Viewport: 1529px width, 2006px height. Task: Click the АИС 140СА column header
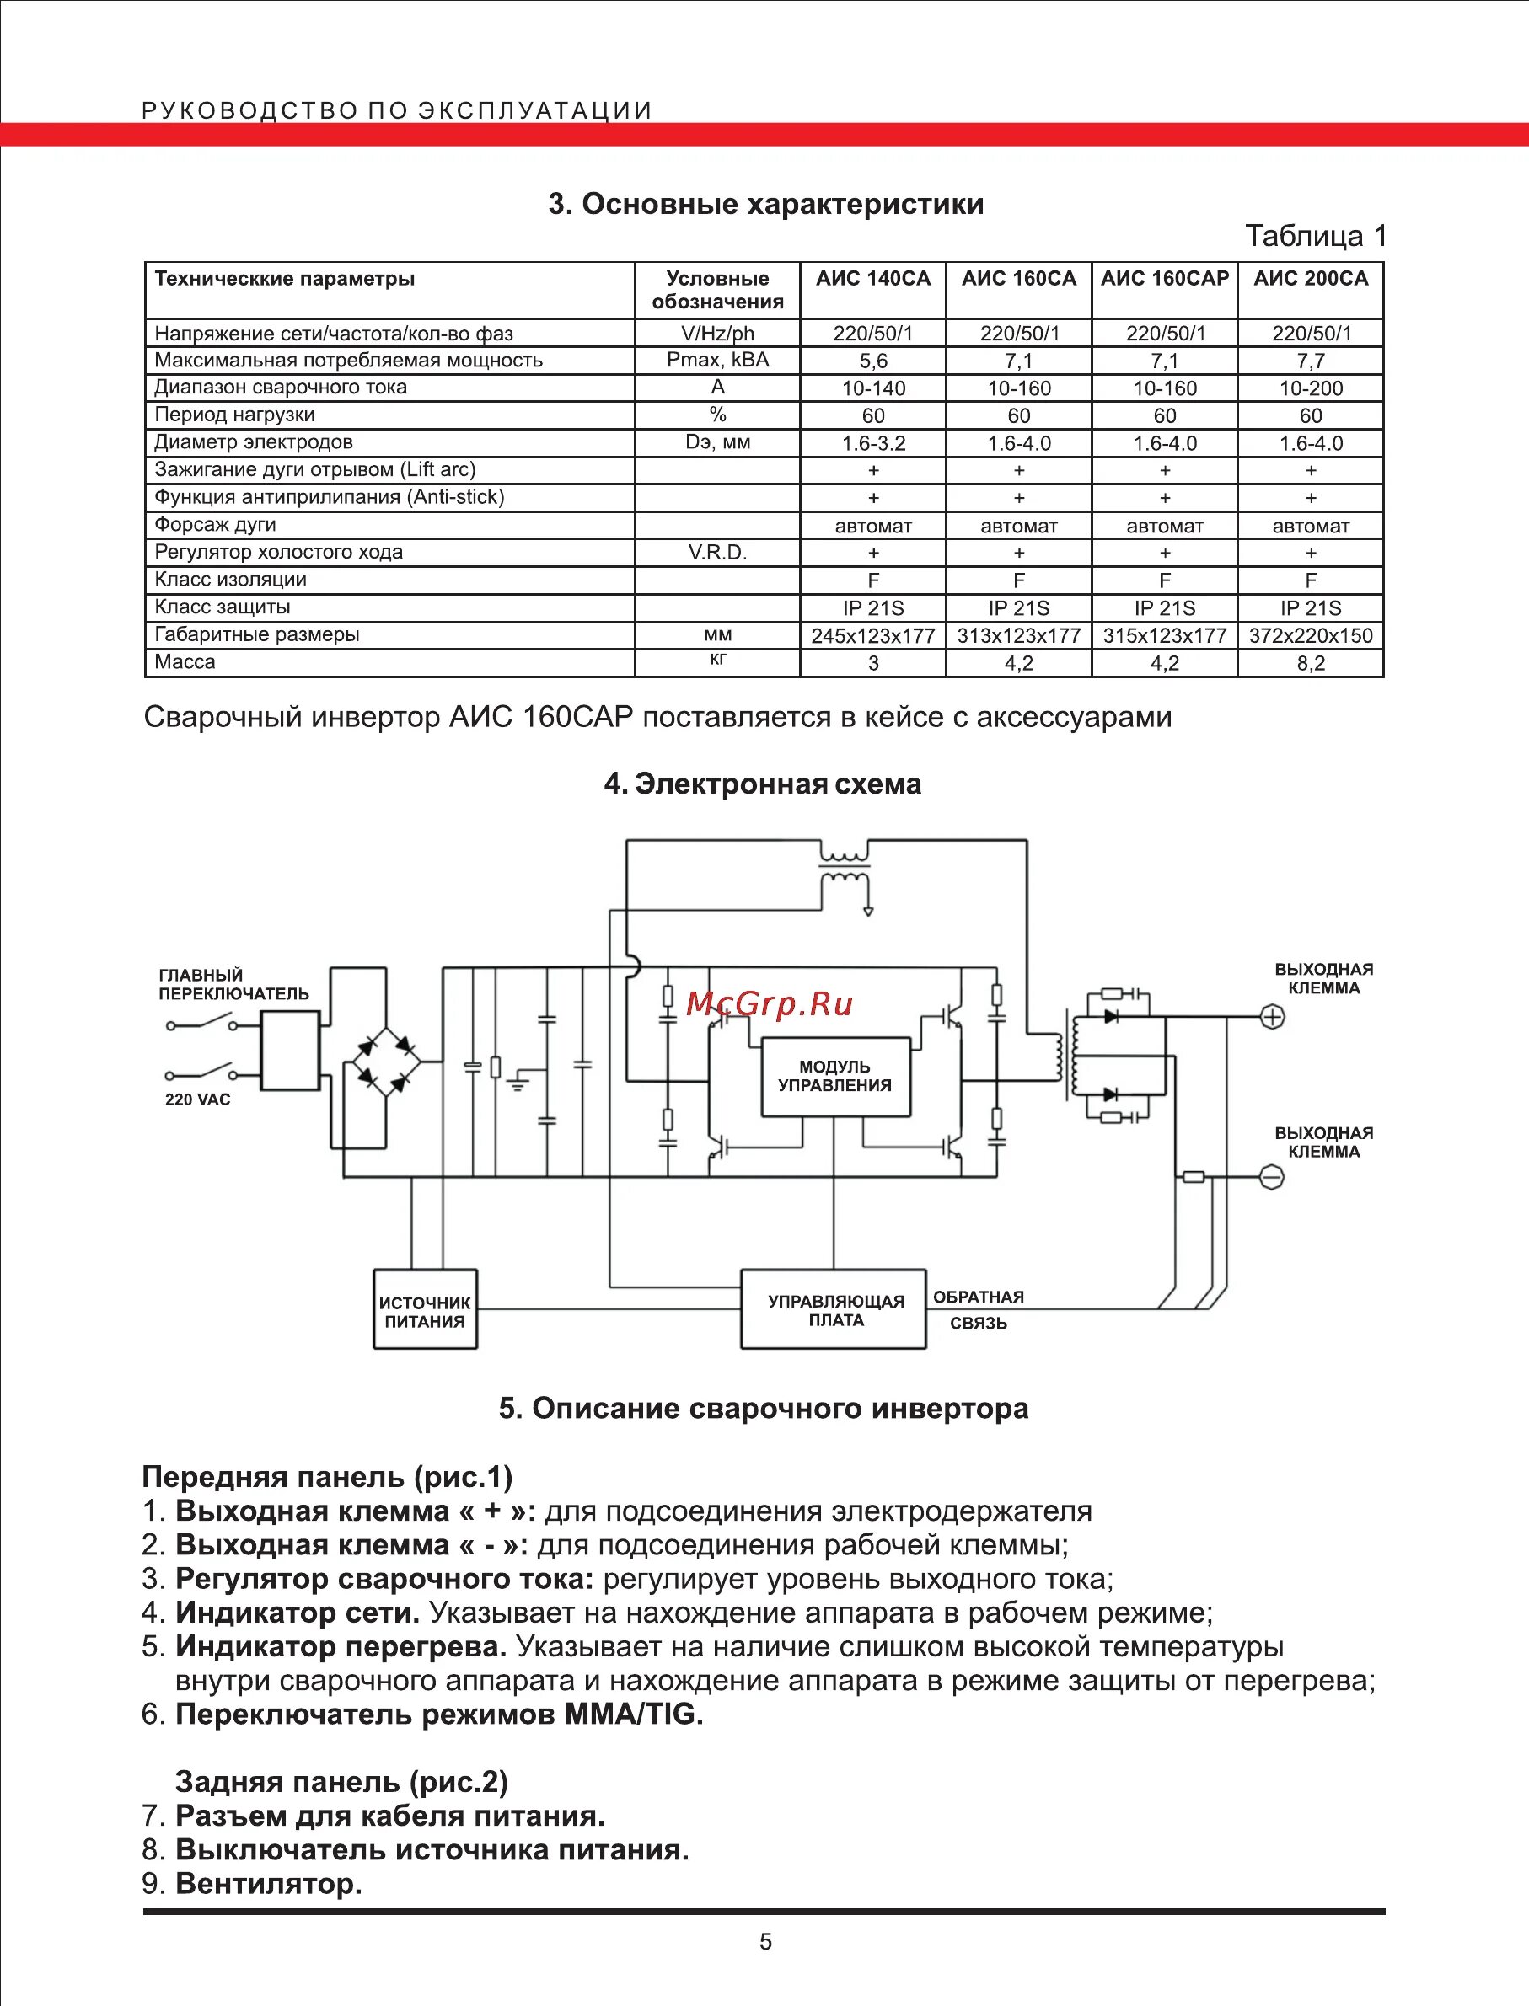pyautogui.click(x=872, y=278)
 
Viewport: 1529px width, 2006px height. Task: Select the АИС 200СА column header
pyautogui.click(x=1311, y=278)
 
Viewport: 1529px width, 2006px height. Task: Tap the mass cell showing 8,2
pyautogui.click(x=1311, y=663)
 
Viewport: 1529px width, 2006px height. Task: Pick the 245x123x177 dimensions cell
pyautogui.click(x=872, y=636)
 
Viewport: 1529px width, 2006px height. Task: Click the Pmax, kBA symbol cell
pyautogui.click(x=717, y=361)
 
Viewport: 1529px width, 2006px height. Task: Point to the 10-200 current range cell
pyautogui.click(x=1311, y=388)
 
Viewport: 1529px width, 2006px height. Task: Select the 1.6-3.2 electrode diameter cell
pyautogui.click(x=872, y=443)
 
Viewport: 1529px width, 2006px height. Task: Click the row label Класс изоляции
pyautogui.click(x=230, y=580)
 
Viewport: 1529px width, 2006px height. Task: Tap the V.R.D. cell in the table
pyautogui.click(x=717, y=552)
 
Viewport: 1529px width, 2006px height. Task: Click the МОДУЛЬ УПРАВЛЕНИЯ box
pyautogui.click(x=834, y=1076)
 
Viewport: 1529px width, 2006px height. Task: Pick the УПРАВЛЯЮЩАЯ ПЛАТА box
pyautogui.click(x=834, y=1309)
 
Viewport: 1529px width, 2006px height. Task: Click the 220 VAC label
pyautogui.click(x=197, y=1099)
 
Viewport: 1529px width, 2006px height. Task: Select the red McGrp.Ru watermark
pyautogui.click(x=770, y=1003)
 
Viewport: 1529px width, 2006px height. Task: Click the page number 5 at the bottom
pyautogui.click(x=765, y=1942)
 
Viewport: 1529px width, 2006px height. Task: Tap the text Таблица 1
pyautogui.click(x=1315, y=237)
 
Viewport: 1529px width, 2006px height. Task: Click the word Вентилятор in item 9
pyautogui.click(x=269, y=1883)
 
